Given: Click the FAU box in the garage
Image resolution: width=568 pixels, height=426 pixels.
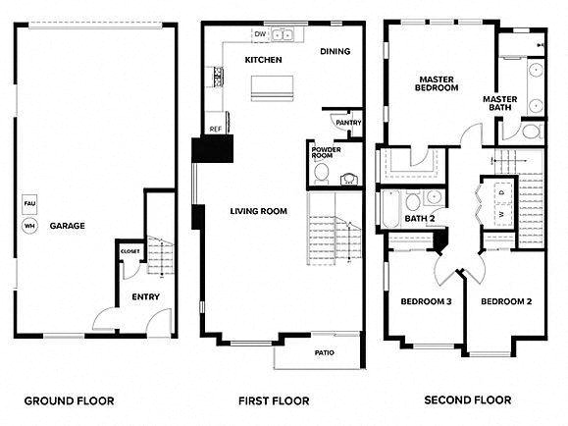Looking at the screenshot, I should (29, 206).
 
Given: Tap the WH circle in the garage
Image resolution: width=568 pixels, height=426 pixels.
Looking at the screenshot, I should (29, 226).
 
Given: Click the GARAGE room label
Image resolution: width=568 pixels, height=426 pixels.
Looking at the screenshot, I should (69, 226).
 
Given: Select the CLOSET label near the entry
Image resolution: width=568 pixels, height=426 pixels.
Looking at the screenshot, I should (129, 251).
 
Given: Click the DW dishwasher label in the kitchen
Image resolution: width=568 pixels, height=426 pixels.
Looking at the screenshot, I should (260, 34).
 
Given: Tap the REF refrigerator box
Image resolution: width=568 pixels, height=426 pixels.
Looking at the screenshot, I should (214, 129).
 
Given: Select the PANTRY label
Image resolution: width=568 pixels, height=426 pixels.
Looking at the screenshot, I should (347, 123).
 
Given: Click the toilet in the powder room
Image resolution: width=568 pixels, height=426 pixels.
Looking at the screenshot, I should (320, 173).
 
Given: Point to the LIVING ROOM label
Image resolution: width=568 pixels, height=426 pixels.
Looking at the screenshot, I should (258, 211).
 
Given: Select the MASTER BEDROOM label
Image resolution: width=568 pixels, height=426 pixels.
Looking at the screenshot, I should (438, 83).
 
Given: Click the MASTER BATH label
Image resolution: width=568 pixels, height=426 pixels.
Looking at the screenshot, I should (500, 103).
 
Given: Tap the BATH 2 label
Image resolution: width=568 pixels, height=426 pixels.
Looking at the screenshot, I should (419, 217).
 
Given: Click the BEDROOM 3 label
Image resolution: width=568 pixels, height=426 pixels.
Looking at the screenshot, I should (426, 301).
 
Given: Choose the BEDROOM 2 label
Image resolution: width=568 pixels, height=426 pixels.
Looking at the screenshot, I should (506, 301).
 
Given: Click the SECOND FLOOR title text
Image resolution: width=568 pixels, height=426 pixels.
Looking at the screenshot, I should (466, 400).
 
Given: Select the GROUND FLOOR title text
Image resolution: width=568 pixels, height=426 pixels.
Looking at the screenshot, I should (69, 400).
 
